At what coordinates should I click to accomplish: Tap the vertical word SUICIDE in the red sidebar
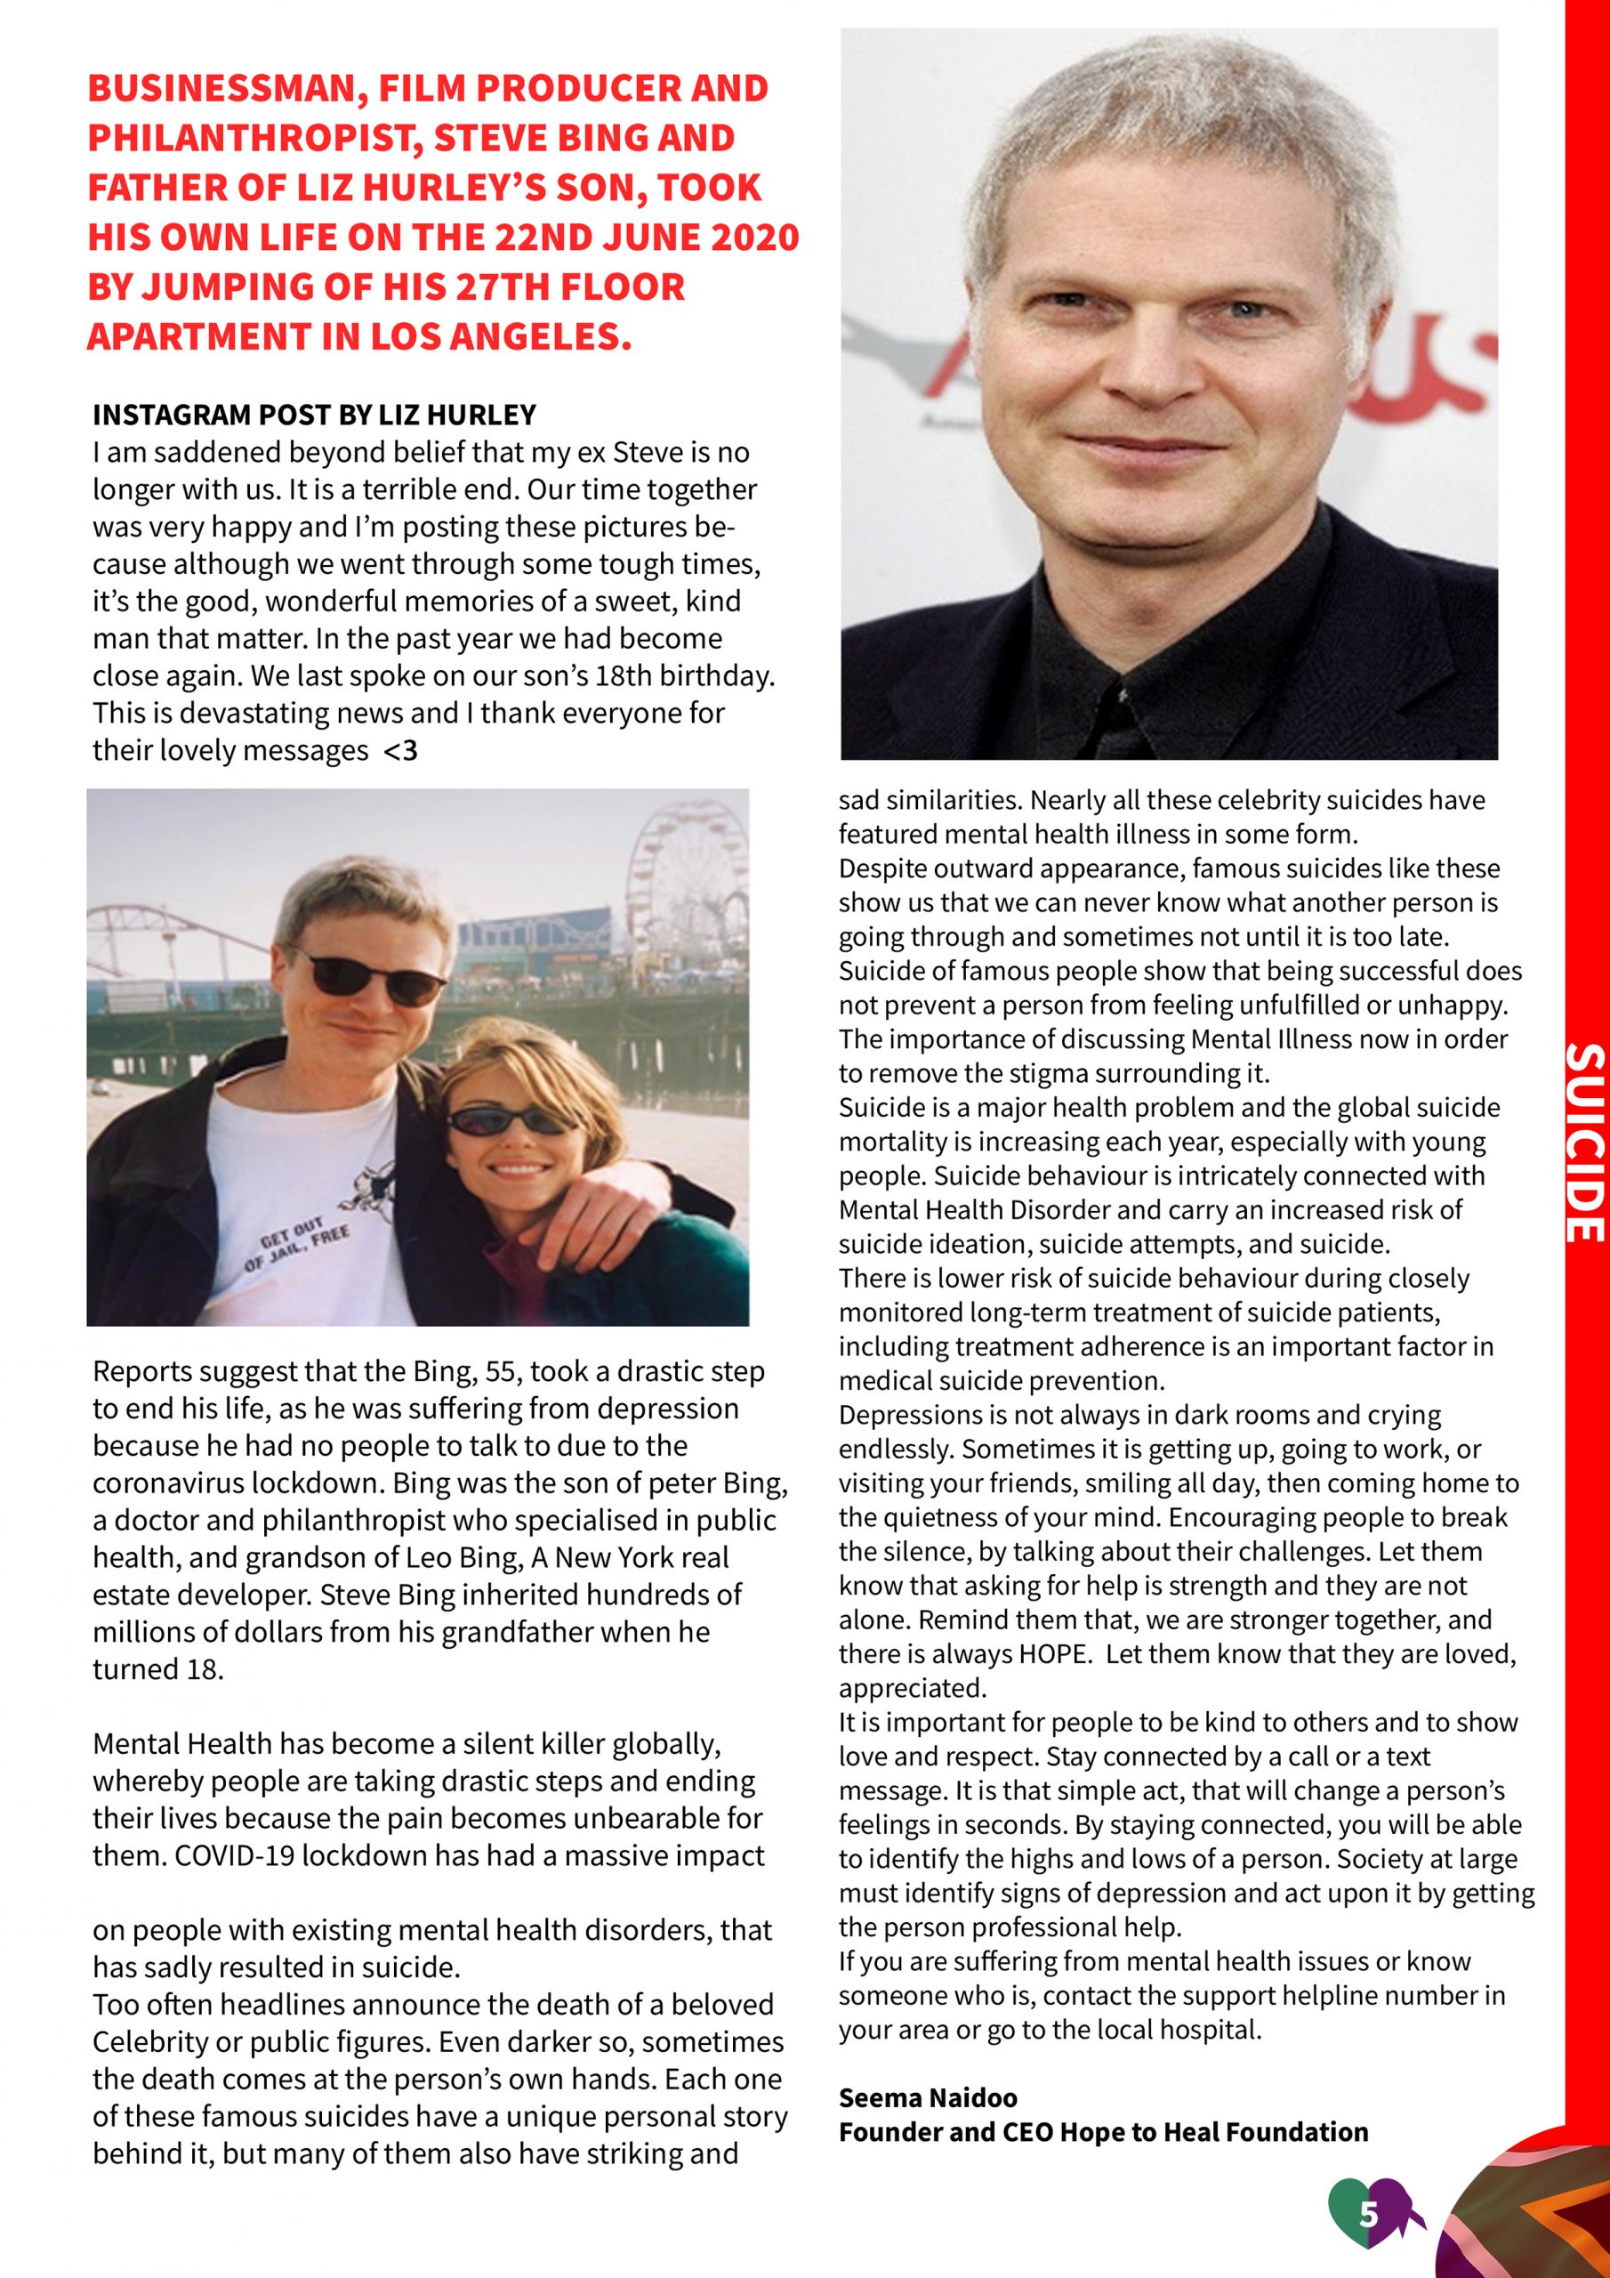[1584, 1142]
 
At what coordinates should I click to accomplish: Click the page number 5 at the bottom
[1369, 2214]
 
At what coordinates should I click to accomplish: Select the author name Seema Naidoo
[928, 2097]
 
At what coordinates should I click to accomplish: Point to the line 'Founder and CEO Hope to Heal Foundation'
[1103, 2131]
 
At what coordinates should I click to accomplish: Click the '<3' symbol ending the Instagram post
[401, 751]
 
